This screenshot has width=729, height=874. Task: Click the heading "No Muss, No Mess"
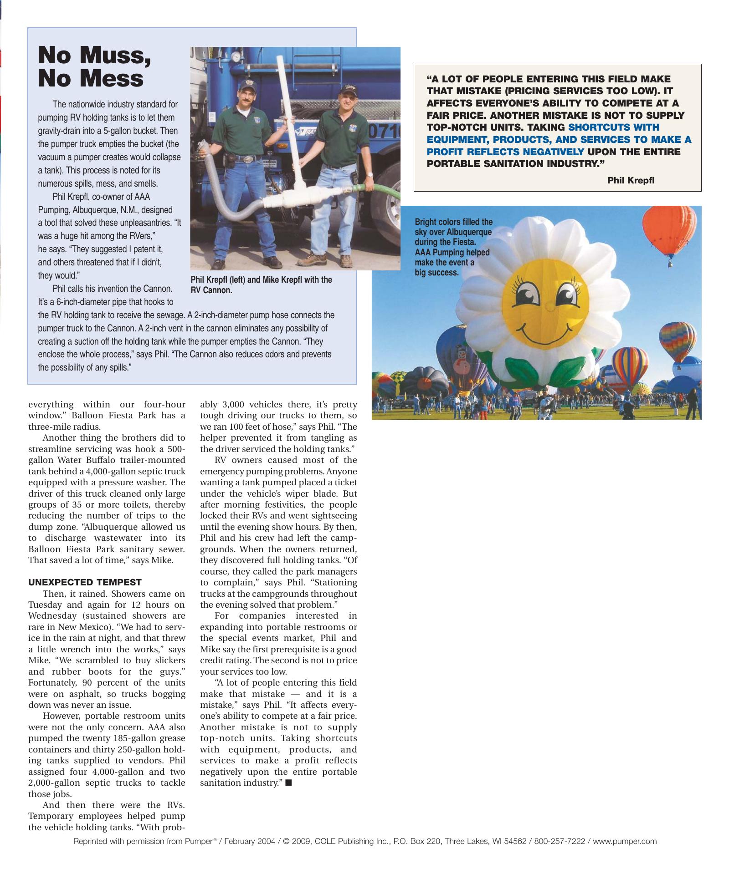(x=95, y=66)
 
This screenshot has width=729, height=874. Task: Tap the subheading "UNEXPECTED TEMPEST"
(x=85, y=582)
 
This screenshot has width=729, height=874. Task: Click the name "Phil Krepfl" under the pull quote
(x=631, y=180)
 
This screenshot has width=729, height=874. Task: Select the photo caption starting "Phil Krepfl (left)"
(x=261, y=285)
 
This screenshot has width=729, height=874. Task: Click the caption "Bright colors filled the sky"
(x=453, y=247)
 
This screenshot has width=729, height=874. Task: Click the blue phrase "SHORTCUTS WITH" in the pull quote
(x=614, y=127)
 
